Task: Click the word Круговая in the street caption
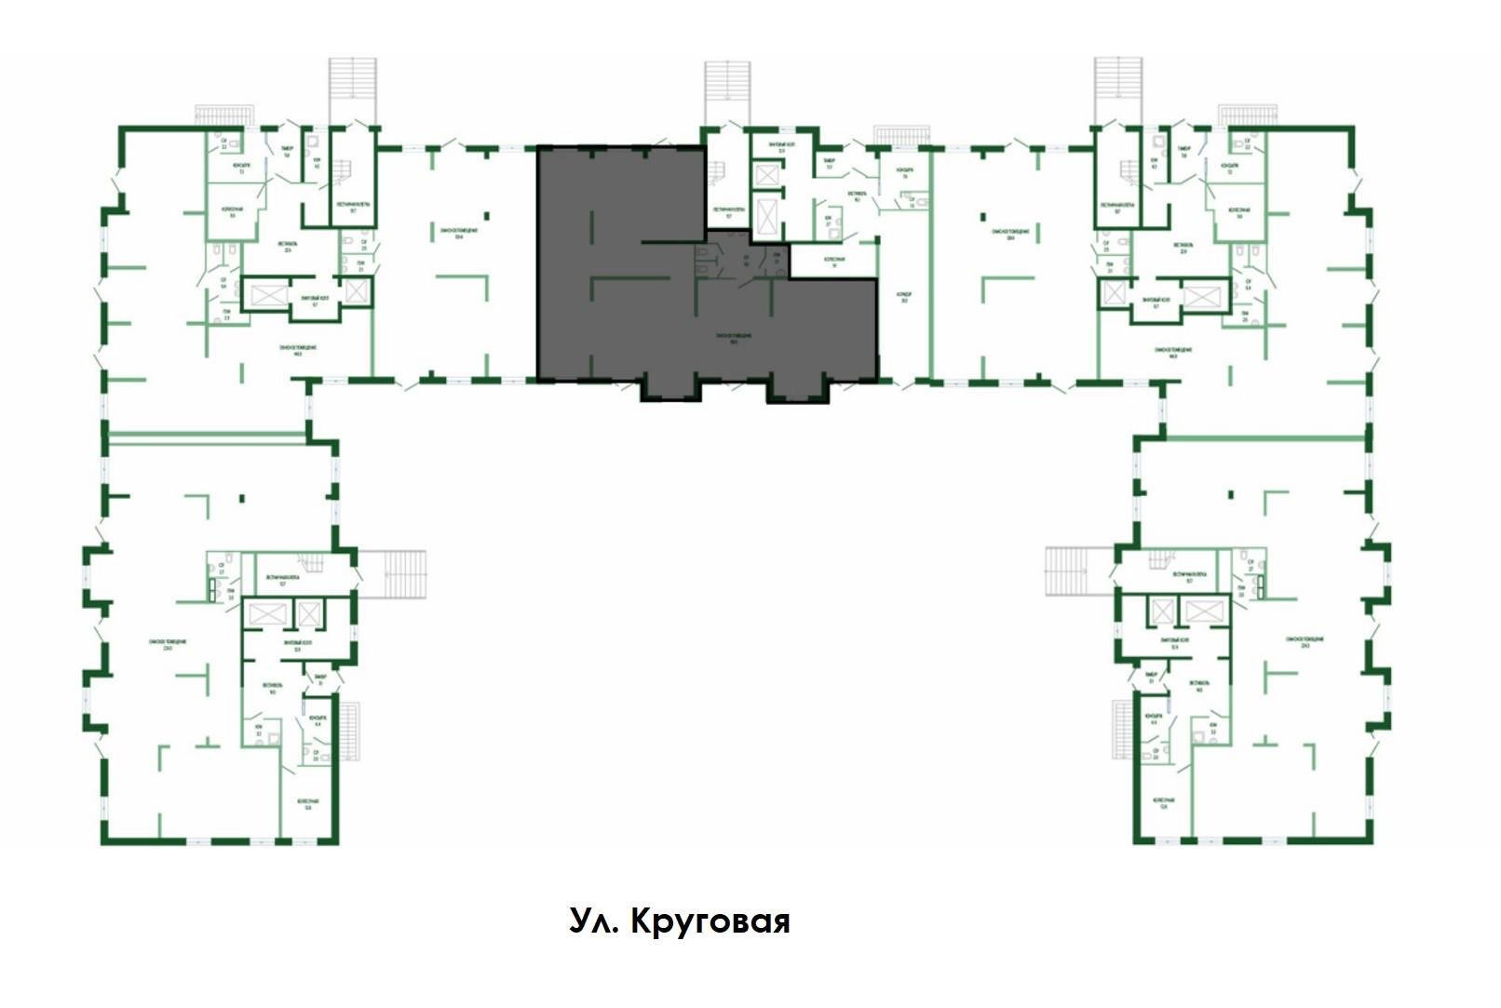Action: [710, 921]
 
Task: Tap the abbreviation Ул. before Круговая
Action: [592, 921]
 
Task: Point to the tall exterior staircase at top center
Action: [727, 92]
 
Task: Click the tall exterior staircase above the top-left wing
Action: [354, 90]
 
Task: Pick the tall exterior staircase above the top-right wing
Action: [1117, 90]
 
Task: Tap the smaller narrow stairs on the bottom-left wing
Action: [349, 732]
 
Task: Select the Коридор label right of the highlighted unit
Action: [904, 297]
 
